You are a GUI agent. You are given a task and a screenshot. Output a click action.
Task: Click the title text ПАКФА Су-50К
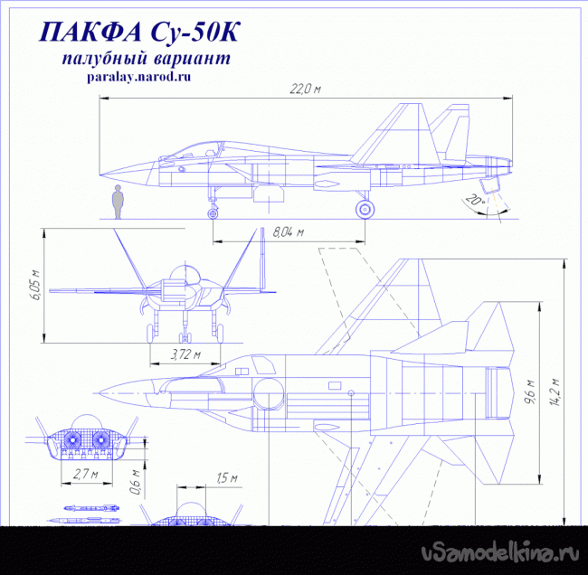pyautogui.click(x=138, y=33)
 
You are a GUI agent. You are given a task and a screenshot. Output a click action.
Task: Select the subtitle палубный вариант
pyautogui.click(x=147, y=59)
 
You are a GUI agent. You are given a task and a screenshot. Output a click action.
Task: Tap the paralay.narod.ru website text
pyautogui.click(x=139, y=77)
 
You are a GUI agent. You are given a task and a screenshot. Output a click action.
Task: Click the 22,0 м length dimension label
pyautogui.click(x=305, y=89)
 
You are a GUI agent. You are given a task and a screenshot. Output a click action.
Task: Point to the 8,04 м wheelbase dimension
pyautogui.click(x=288, y=232)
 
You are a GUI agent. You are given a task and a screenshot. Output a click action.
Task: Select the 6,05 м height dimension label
pyautogui.click(x=35, y=285)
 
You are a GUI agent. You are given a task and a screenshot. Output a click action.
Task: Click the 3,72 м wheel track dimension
pyautogui.click(x=185, y=354)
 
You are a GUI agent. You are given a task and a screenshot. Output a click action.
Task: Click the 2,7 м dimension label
pyautogui.click(x=86, y=474)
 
